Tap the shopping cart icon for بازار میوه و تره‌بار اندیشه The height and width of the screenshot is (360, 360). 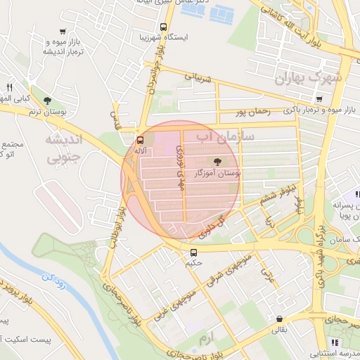pyautogui.click(x=63, y=32)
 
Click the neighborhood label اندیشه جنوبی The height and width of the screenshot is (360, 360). pyautogui.click(x=64, y=148)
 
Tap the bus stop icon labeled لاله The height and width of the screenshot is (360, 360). pyautogui.click(x=141, y=139)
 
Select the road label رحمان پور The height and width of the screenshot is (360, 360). pyautogui.click(x=253, y=111)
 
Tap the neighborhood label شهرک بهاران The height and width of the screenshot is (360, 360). pyautogui.click(x=309, y=77)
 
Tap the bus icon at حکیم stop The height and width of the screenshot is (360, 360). pyautogui.click(x=193, y=252)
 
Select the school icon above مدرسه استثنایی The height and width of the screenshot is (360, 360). pyautogui.click(x=335, y=342)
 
